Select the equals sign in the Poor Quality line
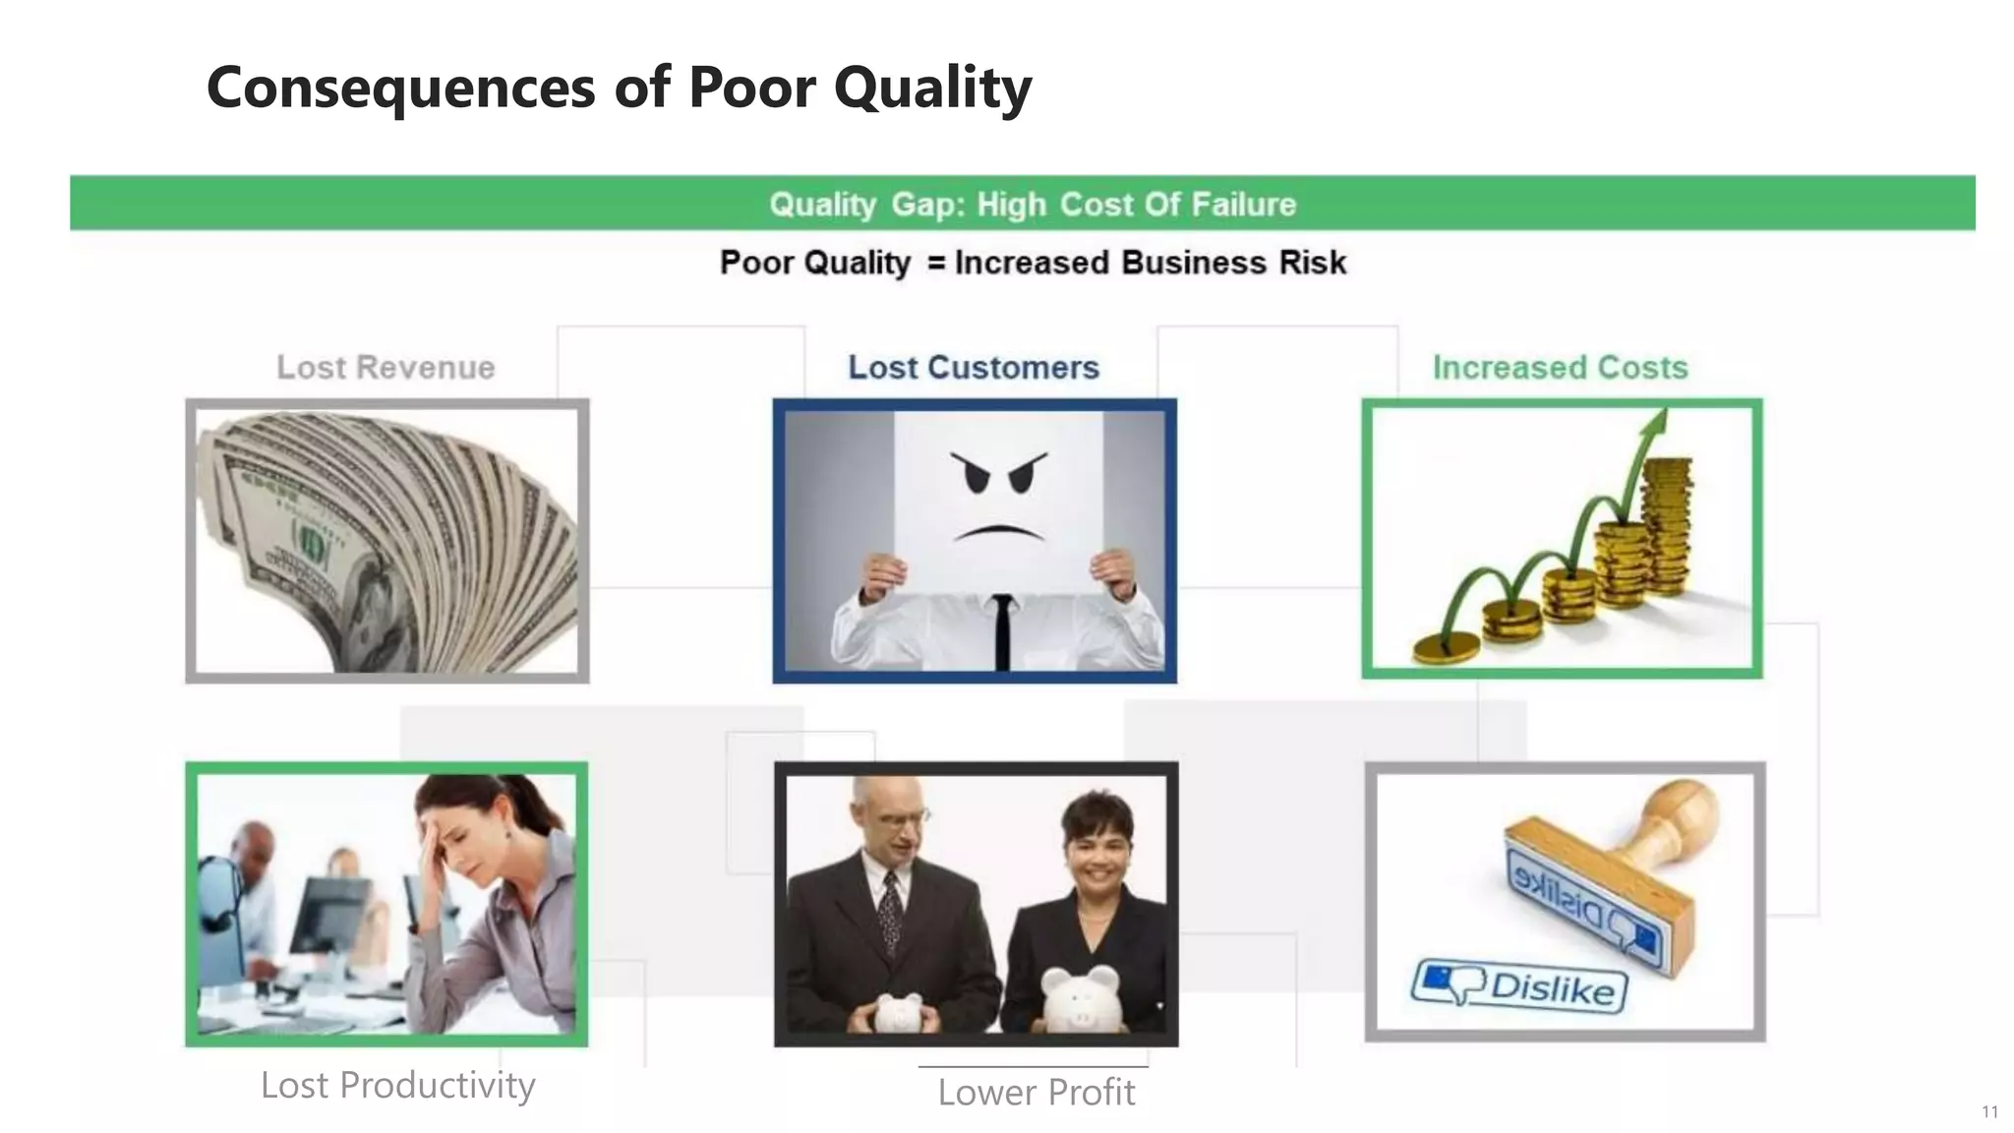tap(935, 264)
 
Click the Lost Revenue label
tap(385, 368)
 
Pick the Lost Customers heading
tap(973, 368)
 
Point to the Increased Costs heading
tap(1560, 368)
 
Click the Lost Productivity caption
tap(397, 1085)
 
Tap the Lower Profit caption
tap(1036, 1093)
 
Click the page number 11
tap(1989, 1112)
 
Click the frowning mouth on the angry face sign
tap(999, 534)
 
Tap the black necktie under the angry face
tap(1001, 630)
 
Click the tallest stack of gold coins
tap(1668, 526)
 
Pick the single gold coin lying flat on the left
tap(1446, 647)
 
